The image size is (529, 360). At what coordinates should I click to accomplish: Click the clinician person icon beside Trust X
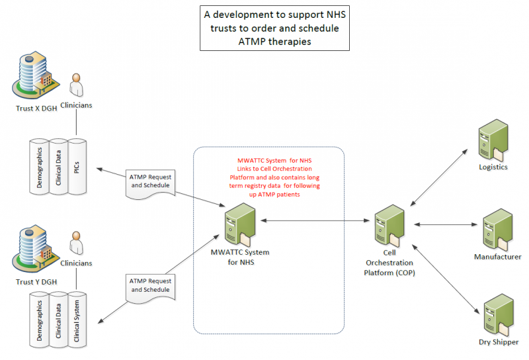77,86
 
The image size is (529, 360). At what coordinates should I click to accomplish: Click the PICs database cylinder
78,167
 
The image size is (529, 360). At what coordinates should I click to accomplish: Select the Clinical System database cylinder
78,319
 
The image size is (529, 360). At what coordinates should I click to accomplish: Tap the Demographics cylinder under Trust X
40,167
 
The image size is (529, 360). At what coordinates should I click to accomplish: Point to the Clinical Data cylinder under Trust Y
59,319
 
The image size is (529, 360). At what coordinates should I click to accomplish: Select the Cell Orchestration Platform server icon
387,227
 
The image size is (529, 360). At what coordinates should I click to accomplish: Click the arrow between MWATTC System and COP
313,220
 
